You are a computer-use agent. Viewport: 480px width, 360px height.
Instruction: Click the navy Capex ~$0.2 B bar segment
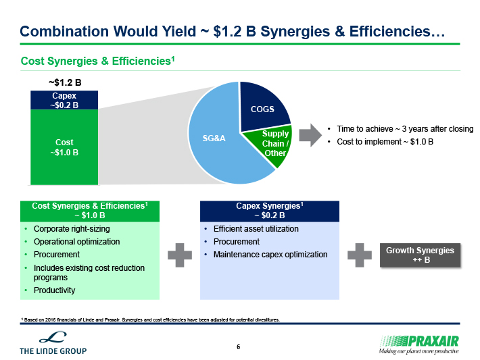(x=64, y=100)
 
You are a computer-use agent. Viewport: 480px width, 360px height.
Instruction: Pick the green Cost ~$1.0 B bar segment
(x=64, y=147)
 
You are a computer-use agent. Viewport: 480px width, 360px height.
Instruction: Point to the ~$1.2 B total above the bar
(x=65, y=82)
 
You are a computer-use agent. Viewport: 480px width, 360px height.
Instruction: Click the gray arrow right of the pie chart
(x=310, y=135)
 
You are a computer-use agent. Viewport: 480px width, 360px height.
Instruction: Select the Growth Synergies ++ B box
(x=420, y=255)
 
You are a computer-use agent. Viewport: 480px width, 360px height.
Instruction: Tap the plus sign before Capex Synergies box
(x=180, y=255)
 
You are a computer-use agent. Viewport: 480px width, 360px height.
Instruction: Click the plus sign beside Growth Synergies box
(x=360, y=255)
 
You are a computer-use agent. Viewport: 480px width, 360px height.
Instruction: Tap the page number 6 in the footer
(x=239, y=347)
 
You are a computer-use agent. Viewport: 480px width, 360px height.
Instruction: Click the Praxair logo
(x=418, y=344)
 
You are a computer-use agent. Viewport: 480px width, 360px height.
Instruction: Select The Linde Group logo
(x=53, y=343)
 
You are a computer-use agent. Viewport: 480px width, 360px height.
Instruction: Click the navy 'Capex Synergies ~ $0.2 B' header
(x=270, y=211)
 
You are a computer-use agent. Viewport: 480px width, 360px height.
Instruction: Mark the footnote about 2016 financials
(x=150, y=319)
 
